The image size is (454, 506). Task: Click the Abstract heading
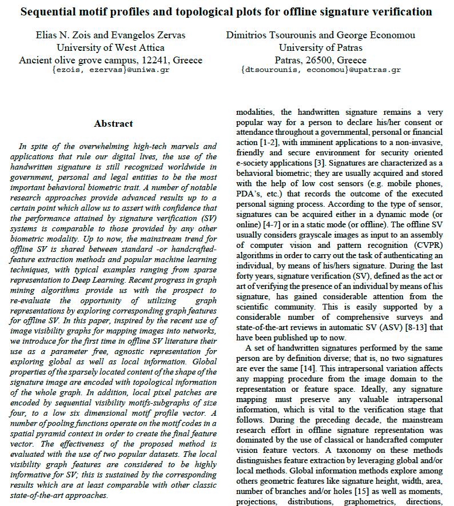pyautogui.click(x=113, y=123)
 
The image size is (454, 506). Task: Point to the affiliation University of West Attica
pyautogui.click(x=110, y=47)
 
